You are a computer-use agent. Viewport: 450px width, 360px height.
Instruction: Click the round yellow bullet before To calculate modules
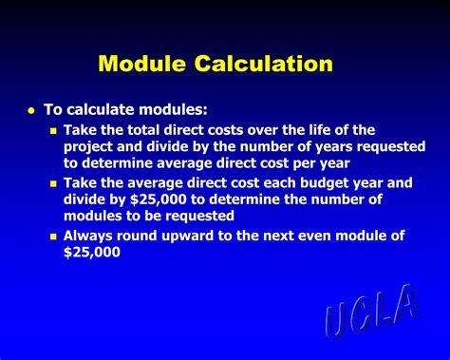coord(30,110)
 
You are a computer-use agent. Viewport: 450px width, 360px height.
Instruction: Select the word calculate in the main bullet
coord(104,110)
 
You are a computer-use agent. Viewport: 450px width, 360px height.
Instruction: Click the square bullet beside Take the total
coord(53,131)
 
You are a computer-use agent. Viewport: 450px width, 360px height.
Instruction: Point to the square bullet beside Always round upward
coord(53,236)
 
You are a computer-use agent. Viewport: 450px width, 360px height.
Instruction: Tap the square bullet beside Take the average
coord(53,183)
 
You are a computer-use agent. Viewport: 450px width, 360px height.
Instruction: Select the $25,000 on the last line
coord(92,253)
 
